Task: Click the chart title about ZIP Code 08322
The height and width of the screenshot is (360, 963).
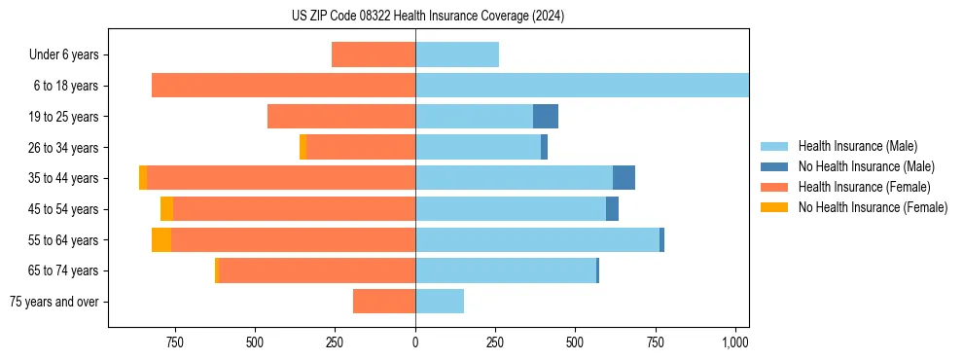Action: (427, 16)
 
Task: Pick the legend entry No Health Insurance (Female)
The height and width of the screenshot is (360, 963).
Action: (873, 207)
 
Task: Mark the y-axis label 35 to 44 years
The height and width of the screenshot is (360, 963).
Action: (63, 178)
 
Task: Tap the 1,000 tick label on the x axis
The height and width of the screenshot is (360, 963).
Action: (735, 342)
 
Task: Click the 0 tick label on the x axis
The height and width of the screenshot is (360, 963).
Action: (415, 342)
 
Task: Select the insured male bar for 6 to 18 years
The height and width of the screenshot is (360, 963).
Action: (582, 86)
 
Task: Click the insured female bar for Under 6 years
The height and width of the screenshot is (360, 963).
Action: (374, 54)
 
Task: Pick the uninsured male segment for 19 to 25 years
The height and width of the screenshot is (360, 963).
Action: (546, 117)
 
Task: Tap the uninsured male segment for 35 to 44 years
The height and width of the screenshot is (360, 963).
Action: (624, 178)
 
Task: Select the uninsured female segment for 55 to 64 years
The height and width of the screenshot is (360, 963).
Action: (161, 240)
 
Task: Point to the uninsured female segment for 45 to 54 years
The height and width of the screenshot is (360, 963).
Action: (166, 209)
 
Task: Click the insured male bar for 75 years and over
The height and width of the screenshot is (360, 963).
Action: (440, 302)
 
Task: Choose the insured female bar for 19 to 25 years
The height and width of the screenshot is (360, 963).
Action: (341, 117)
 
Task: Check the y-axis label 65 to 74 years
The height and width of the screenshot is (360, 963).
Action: (63, 270)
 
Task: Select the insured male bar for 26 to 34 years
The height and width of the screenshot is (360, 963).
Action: (478, 147)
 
